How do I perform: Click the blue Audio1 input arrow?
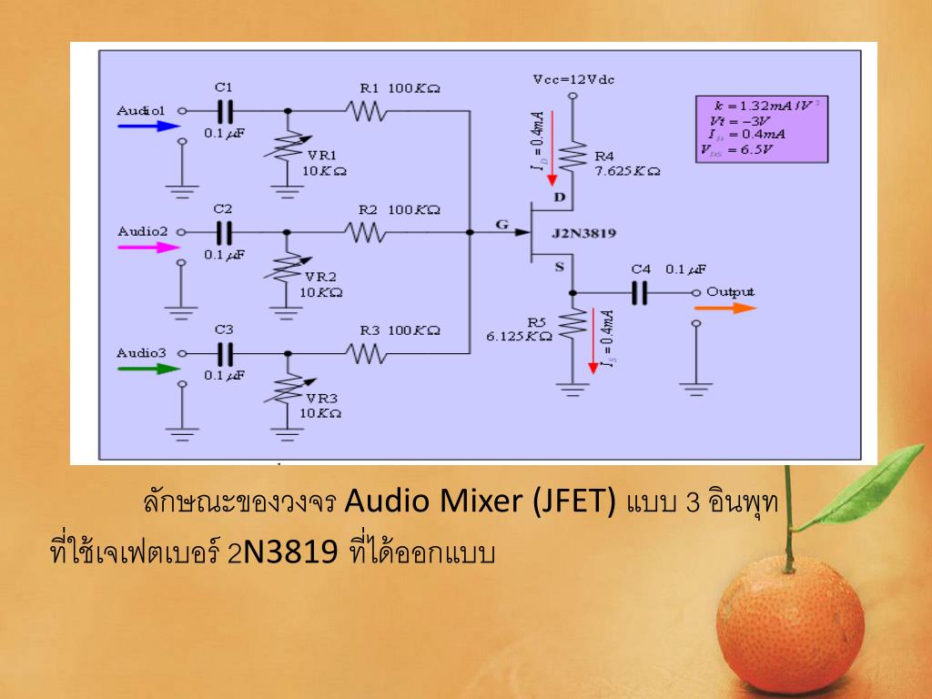pyautogui.click(x=145, y=127)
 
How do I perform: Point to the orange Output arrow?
pyautogui.click(x=725, y=308)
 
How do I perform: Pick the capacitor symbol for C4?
pyautogui.click(x=641, y=292)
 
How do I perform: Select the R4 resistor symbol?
pyautogui.click(x=572, y=156)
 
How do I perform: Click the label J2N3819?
pyautogui.click(x=583, y=234)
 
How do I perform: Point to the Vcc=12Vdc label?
pyautogui.click(x=573, y=79)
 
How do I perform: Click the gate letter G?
pyautogui.click(x=501, y=223)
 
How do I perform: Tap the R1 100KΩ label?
pyautogui.click(x=400, y=88)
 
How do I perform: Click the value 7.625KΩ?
pyautogui.click(x=627, y=170)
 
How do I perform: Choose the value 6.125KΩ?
pyautogui.click(x=519, y=336)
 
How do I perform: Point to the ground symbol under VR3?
pyautogui.click(x=289, y=436)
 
